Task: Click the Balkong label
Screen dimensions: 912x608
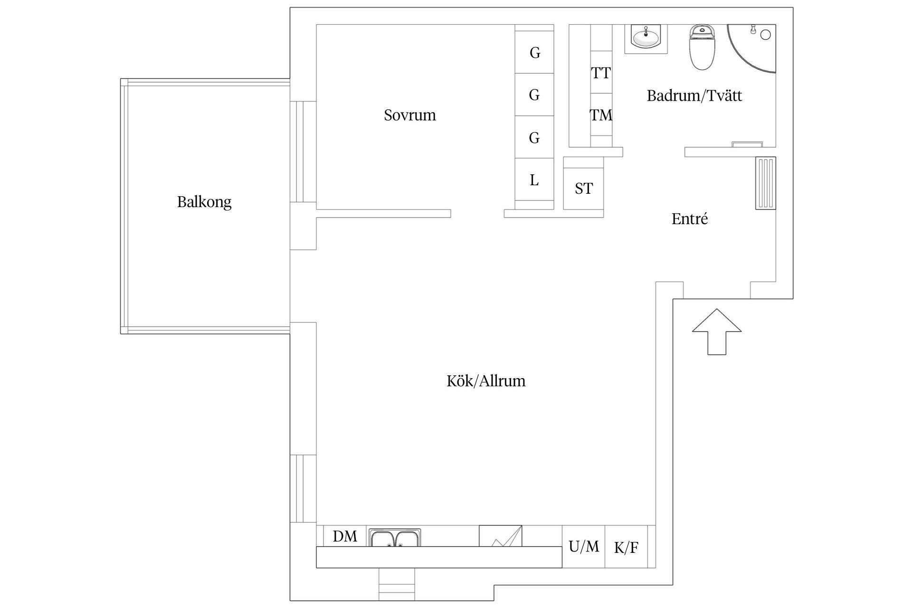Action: click(204, 202)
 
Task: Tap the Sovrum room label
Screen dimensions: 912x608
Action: click(410, 115)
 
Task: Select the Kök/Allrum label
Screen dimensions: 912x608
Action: click(486, 381)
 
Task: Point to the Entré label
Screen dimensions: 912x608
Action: click(690, 219)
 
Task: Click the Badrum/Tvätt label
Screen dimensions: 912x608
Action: click(694, 96)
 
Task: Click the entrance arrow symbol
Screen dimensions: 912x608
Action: click(717, 332)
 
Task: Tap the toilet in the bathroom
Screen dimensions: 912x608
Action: click(702, 47)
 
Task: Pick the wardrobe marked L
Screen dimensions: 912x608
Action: click(534, 180)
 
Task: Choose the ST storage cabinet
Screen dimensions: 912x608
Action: click(583, 189)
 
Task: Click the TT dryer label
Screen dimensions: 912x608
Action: click(601, 73)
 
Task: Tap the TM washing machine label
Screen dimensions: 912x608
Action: click(601, 115)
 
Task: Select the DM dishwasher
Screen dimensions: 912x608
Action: click(345, 536)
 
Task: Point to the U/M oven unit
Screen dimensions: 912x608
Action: click(584, 547)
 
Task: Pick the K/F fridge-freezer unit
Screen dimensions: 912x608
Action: click(626, 547)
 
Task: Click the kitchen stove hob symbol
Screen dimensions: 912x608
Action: click(500, 536)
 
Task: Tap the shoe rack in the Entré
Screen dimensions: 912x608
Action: click(766, 183)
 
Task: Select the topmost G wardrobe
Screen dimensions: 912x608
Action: click(534, 52)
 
